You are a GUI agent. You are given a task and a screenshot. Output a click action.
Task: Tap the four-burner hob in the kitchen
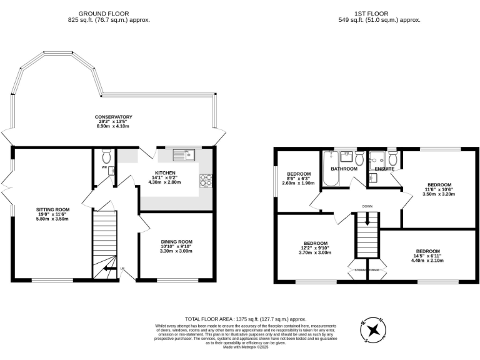[206, 181]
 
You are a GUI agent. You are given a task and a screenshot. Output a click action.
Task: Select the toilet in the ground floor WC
[106, 154]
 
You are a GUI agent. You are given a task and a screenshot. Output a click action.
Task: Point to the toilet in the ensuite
[392, 157]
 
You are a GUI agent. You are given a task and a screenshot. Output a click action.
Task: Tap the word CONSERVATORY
[113, 117]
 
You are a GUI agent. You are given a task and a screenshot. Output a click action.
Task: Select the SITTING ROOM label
[52, 209]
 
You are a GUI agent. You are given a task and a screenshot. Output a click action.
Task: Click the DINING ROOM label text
[177, 242]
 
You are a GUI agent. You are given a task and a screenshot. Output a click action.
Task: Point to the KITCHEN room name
[166, 173]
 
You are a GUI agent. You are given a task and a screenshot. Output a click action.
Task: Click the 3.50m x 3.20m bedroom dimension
[439, 194]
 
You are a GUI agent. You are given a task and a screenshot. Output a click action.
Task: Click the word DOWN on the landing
[367, 206]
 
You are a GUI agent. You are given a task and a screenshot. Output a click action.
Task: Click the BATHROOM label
[344, 169]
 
